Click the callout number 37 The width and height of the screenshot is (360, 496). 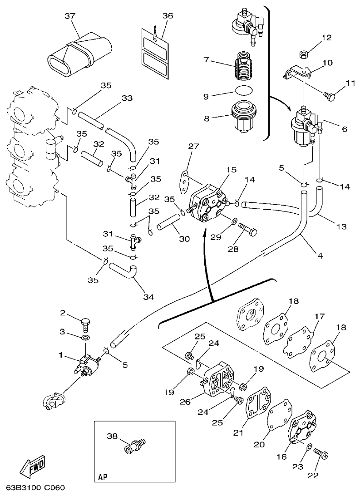coord(69,16)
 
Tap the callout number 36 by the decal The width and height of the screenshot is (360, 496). coord(168,16)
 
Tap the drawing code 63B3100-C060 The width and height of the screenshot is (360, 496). coord(35,488)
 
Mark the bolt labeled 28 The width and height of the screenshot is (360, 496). coord(247,230)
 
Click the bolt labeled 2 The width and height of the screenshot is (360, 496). coord(85,324)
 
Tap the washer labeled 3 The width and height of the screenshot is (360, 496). coord(85,338)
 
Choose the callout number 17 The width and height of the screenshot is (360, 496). coord(320,316)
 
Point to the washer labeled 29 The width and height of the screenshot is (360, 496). coord(233,221)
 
